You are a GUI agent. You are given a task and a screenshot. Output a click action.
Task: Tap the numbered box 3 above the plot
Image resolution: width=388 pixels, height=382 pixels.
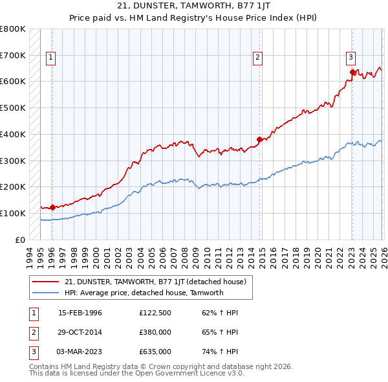(x=350, y=56)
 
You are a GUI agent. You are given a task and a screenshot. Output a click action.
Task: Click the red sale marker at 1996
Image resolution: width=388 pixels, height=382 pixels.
(x=52, y=207)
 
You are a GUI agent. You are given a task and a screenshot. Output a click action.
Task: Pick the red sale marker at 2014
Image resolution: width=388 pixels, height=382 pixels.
(x=259, y=139)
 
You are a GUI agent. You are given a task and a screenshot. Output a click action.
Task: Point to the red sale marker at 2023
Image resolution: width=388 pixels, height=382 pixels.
(x=352, y=73)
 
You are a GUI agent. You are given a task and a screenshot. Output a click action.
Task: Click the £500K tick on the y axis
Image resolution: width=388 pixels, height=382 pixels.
(x=13, y=107)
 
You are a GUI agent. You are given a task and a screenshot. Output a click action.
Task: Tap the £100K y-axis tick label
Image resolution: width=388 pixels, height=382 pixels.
(x=13, y=213)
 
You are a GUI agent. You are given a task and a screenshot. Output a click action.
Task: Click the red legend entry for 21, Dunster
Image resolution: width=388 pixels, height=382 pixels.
(x=155, y=282)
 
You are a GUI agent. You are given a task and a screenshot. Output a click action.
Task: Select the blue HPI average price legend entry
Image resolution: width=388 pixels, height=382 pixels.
(x=144, y=293)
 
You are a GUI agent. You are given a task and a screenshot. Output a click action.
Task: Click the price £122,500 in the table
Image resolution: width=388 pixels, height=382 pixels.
(x=155, y=312)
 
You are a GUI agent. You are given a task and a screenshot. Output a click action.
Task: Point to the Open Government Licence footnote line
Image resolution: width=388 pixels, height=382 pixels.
(x=136, y=374)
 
